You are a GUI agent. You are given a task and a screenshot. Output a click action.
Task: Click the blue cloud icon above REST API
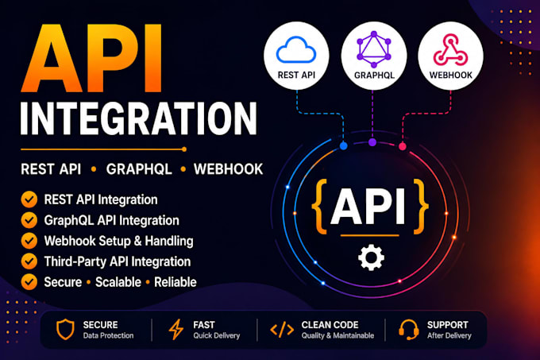tap(296, 50)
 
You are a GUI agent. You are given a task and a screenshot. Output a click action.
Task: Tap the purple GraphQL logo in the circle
tap(374, 49)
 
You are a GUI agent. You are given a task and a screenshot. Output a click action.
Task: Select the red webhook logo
tap(450, 49)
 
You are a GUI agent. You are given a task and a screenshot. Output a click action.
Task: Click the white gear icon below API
tap(372, 257)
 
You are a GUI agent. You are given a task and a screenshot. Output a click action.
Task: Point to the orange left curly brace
tap(319, 207)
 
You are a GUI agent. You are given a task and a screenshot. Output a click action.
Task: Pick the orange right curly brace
tap(421, 207)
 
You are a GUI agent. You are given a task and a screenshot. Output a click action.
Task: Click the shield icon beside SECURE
tap(65, 329)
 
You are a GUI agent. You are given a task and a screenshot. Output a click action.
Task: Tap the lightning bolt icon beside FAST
tap(176, 329)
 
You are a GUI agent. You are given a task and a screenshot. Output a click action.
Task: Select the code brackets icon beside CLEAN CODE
tap(282, 330)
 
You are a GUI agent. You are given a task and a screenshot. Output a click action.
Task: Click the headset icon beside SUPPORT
tap(408, 329)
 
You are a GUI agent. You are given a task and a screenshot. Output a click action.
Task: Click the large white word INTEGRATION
tap(138, 118)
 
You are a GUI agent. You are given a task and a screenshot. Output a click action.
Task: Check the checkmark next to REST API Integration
tap(29, 199)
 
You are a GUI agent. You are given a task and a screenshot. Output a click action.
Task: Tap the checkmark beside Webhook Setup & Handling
tap(29, 241)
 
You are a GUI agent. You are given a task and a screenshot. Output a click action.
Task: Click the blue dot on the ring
tap(343, 145)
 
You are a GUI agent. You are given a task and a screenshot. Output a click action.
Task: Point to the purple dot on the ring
tap(372, 142)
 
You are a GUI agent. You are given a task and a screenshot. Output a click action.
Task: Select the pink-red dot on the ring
tap(403, 146)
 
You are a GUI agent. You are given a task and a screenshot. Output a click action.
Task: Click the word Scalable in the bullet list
tap(118, 282)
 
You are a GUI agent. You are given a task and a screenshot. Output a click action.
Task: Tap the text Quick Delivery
tap(216, 335)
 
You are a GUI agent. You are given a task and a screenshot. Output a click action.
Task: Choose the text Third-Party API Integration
tap(117, 261)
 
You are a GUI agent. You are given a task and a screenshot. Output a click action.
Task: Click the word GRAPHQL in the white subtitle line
tap(139, 169)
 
